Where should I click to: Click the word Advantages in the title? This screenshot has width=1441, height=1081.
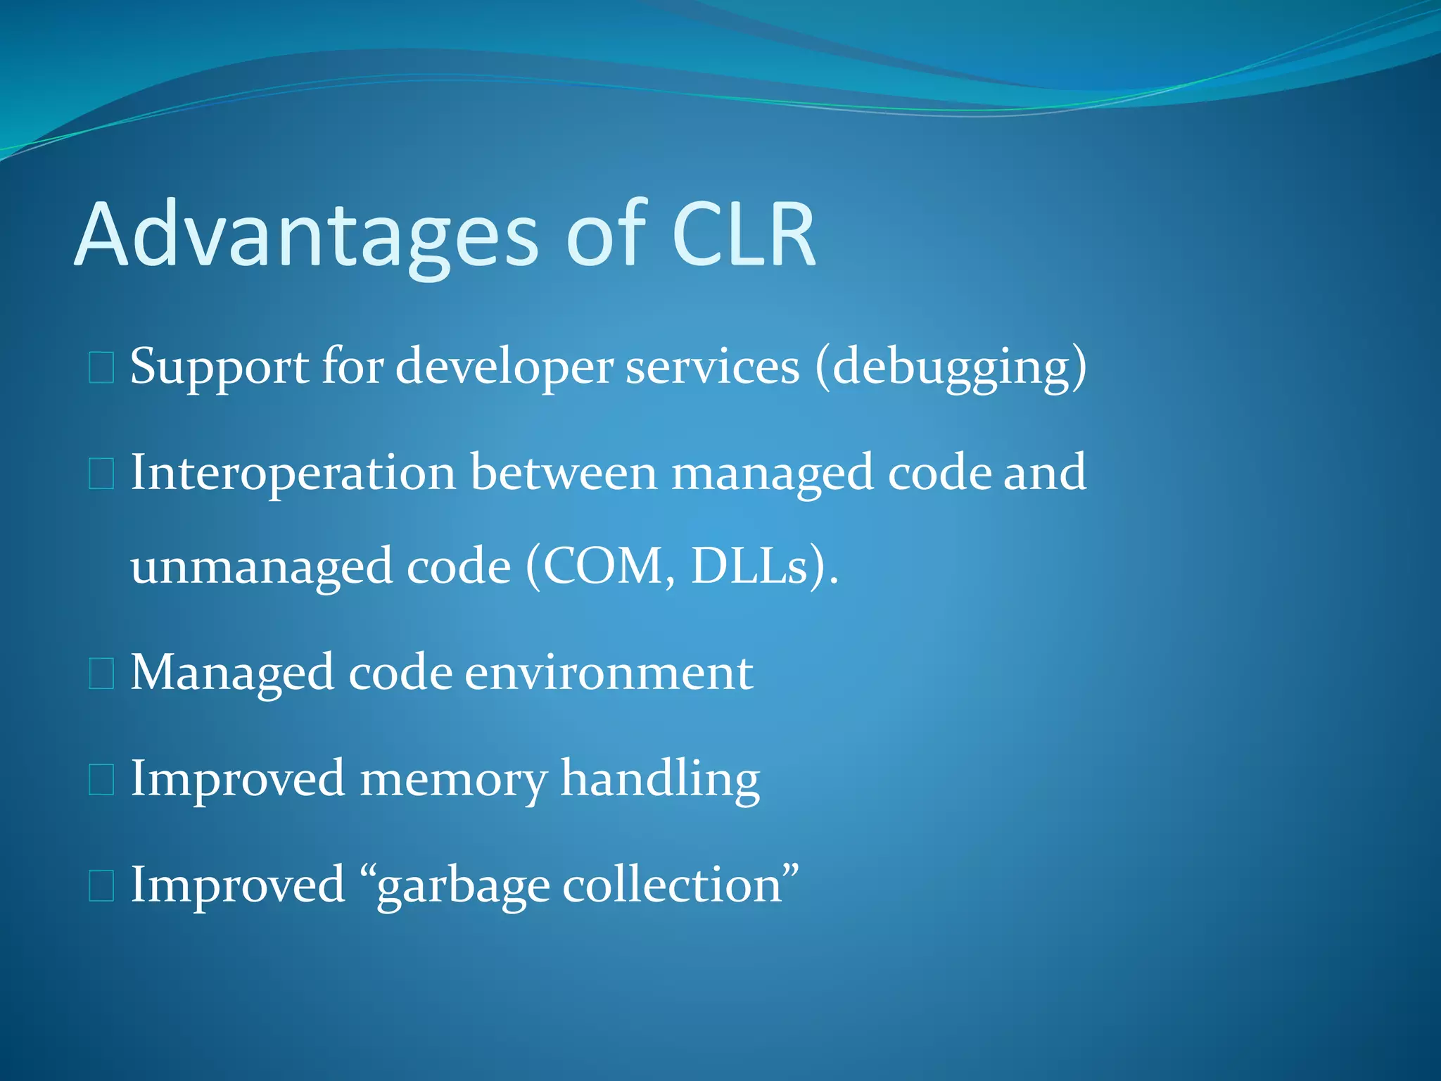306,236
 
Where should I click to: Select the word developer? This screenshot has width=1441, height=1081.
504,367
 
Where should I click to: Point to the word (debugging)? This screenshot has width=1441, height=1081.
951,367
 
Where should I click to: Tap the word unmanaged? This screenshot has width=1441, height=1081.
261,567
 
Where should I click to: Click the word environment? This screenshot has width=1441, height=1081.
609,673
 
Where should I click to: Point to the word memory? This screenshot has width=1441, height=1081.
453,780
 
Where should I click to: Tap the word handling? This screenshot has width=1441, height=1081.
660,780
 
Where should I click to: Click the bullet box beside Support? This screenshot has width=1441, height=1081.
101,368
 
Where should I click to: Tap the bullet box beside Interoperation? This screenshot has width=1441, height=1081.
101,474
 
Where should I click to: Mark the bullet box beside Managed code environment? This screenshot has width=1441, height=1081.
101,674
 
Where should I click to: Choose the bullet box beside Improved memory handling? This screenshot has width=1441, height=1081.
101,780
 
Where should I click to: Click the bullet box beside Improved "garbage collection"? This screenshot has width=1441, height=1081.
101,886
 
